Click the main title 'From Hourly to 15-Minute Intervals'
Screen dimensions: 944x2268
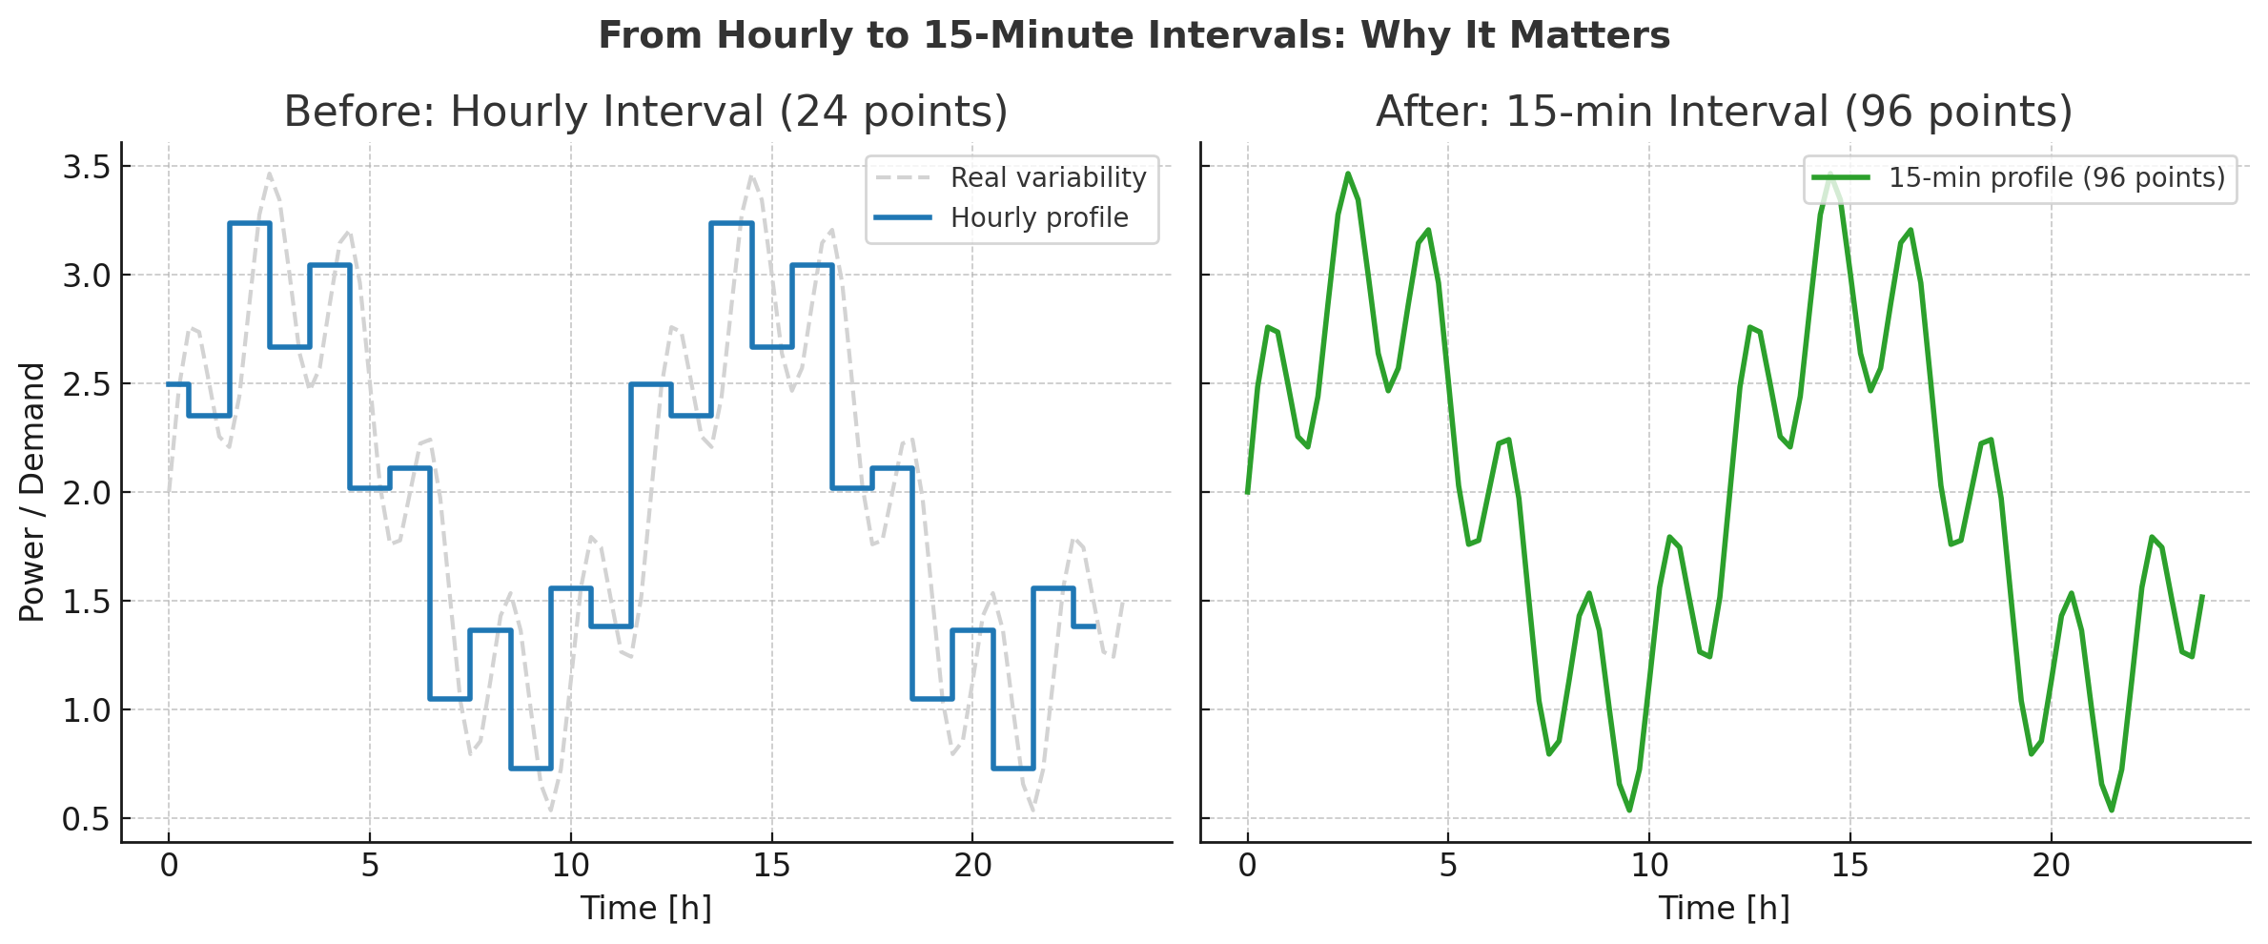pyautogui.click(x=1134, y=36)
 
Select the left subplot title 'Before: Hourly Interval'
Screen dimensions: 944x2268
pyautogui.click(x=645, y=112)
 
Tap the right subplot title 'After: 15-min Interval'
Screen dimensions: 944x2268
pyautogui.click(x=1724, y=112)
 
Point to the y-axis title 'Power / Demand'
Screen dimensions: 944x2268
pyautogui.click(x=32, y=492)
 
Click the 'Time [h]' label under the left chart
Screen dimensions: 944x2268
pyautogui.click(x=645, y=908)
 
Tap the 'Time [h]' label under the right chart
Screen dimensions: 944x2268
pyautogui.click(x=1724, y=908)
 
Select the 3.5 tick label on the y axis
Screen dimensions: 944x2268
pyautogui.click(x=86, y=167)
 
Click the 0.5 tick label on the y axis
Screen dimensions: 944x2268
pyautogui.click(x=86, y=819)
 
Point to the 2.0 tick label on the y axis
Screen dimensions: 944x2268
pyautogui.click(x=86, y=493)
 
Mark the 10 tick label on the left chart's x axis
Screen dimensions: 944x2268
pyautogui.click(x=570, y=866)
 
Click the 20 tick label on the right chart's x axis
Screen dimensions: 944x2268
pyautogui.click(x=2051, y=866)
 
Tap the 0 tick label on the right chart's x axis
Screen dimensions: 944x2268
pyautogui.click(x=1247, y=866)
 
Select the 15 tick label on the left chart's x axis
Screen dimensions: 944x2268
pyautogui.click(x=771, y=866)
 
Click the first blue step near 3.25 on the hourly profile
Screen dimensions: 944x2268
pyautogui.click(x=250, y=223)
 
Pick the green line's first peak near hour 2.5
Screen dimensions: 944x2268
pyautogui.click(x=1347, y=174)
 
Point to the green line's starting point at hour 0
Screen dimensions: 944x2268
pyautogui.click(x=1247, y=492)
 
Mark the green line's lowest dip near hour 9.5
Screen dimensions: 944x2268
pyautogui.click(x=1629, y=811)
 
